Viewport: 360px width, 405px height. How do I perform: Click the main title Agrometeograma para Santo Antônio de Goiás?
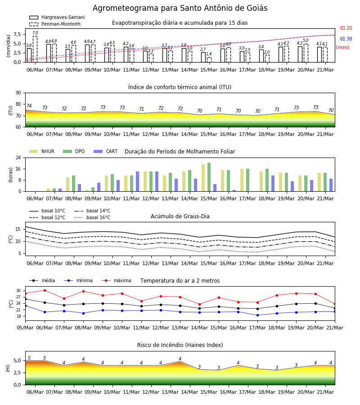[180, 8]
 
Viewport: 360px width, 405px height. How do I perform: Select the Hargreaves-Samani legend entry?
[57, 17]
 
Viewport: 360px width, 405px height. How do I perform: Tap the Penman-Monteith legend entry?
[55, 24]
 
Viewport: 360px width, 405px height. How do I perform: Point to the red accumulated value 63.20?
[346, 28]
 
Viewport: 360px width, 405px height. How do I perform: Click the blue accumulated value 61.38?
[346, 39]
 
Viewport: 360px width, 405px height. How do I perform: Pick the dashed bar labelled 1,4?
[209, 60]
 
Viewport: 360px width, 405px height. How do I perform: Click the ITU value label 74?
[29, 106]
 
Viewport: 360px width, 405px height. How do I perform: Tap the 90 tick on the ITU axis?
[18, 93]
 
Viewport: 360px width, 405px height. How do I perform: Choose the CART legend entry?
[106, 151]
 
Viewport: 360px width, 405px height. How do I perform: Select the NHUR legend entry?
[42, 151]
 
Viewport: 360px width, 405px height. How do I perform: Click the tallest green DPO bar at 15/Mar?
[209, 177]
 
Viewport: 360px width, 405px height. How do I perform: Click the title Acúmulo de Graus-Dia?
[180, 216]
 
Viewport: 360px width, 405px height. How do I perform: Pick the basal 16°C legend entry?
[92, 217]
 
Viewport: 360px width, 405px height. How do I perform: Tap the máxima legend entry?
[116, 280]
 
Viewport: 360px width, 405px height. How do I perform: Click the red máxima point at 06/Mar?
[45, 290]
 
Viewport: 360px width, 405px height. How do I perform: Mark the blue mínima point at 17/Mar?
[257, 315]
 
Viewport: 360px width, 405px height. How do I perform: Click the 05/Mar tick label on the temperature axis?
[25, 328]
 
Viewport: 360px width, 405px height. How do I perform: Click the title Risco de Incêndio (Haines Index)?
[180, 345]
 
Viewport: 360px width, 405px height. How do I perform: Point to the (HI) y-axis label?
[8, 368]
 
